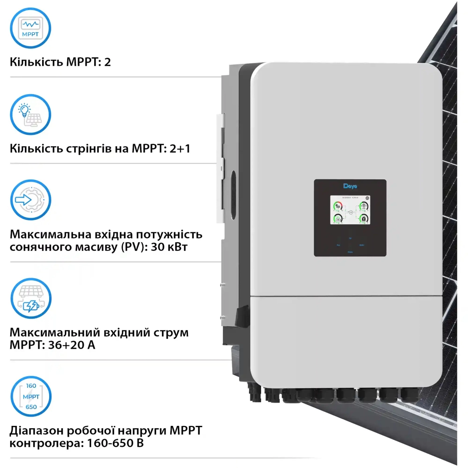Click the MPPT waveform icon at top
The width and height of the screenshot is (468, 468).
[30, 28]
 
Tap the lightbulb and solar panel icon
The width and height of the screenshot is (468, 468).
[30, 115]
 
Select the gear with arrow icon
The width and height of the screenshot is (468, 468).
[30, 200]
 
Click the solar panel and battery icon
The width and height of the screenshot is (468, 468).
[31, 298]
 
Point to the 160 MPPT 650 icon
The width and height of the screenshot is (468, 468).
[31, 396]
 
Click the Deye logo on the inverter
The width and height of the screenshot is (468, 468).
[350, 186]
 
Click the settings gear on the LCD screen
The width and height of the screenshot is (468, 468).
[367, 198]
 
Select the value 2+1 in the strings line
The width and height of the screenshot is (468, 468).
[180, 148]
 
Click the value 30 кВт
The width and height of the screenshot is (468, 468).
[169, 247]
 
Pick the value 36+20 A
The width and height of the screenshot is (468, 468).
[72, 345]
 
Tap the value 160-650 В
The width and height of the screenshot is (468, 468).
[115, 443]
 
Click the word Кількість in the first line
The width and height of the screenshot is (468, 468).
[36, 62]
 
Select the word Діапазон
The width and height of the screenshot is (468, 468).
[36, 431]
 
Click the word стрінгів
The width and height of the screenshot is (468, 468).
[89, 148]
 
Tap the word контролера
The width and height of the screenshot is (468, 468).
[46, 443]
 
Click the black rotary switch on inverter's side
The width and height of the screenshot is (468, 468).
[242, 316]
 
